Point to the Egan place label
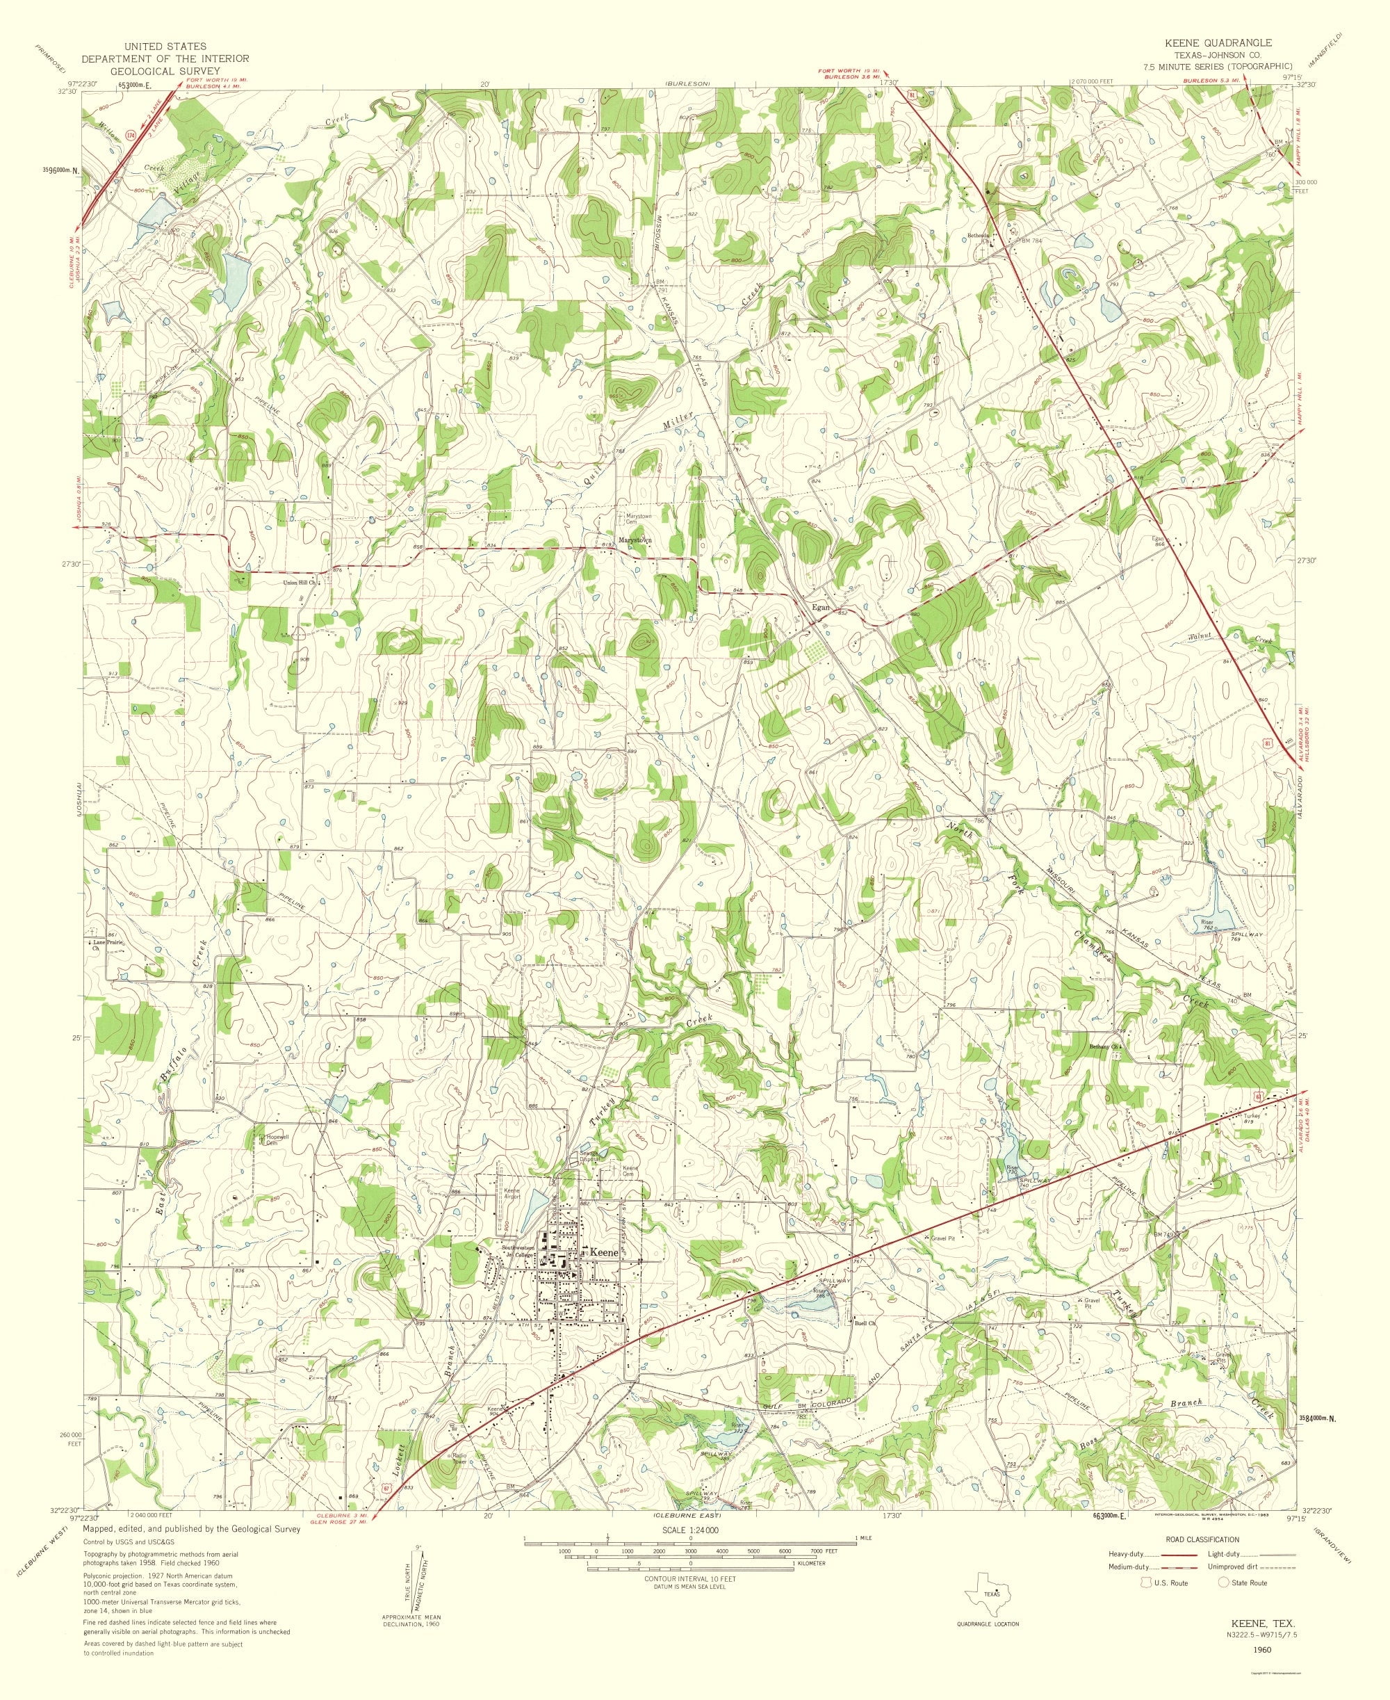(821, 607)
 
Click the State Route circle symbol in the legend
(1223, 1582)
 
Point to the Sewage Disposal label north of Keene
(590, 1158)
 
